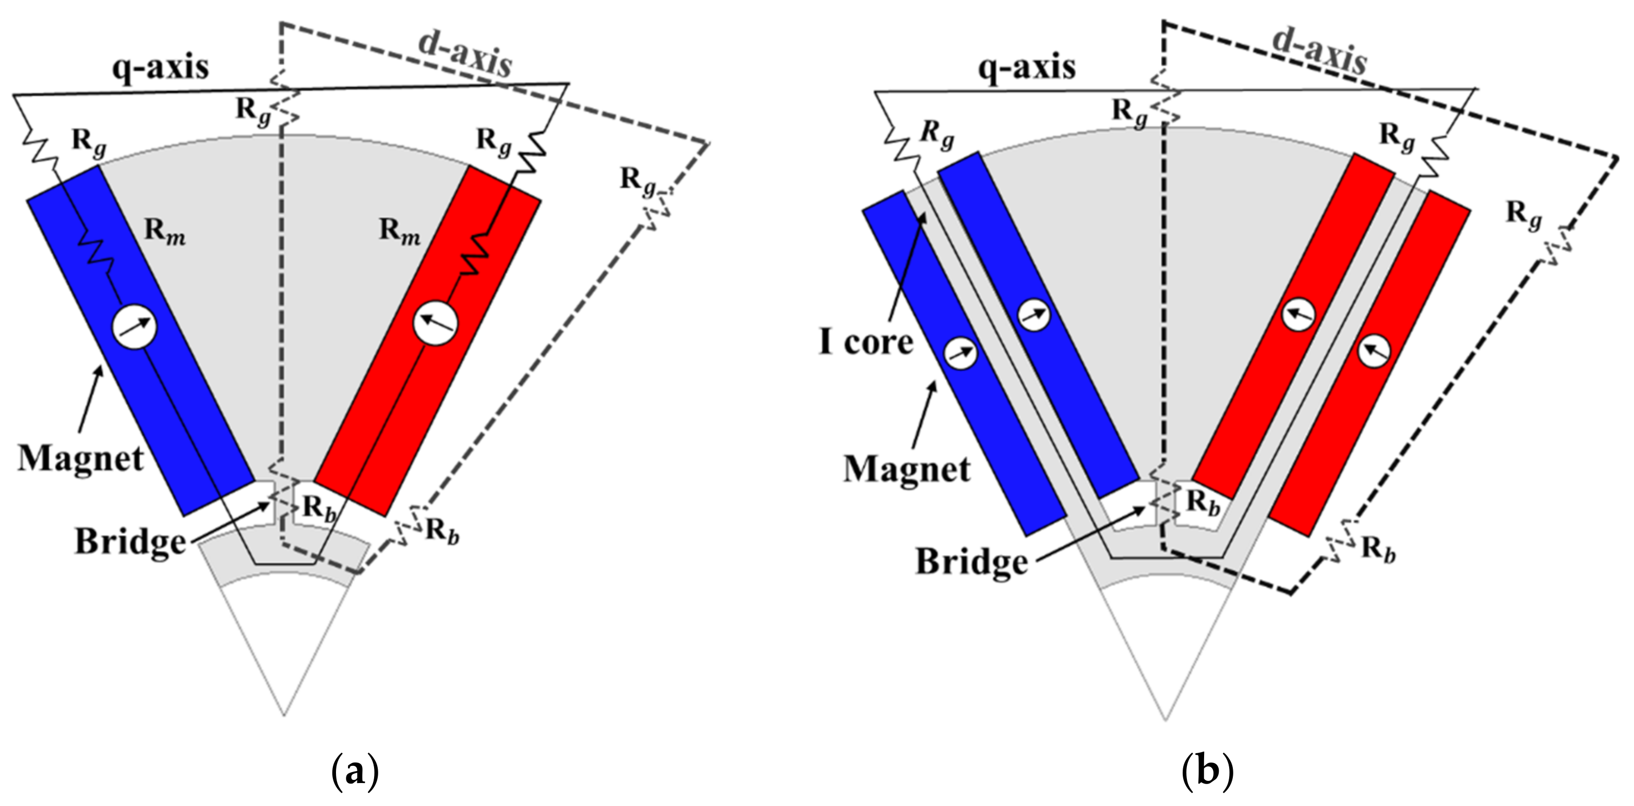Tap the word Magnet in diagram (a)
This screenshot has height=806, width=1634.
80,459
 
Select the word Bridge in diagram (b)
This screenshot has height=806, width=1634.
971,562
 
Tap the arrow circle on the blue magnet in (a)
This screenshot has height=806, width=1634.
135,327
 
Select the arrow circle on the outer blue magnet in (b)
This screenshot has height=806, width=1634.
961,353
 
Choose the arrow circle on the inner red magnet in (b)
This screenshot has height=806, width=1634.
1298,315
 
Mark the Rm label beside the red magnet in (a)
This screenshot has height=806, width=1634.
400,231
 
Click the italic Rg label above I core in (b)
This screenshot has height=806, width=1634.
937,135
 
